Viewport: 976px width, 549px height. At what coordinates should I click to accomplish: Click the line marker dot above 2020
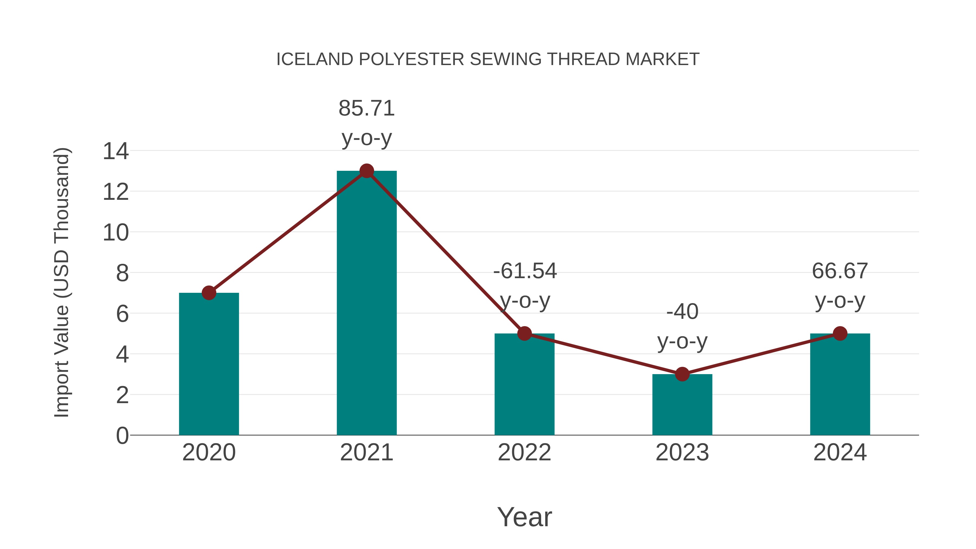209,293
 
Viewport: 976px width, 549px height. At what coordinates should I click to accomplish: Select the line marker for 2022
524,333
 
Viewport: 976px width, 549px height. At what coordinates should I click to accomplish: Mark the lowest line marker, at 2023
682,374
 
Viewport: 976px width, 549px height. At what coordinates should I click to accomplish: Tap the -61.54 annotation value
525,271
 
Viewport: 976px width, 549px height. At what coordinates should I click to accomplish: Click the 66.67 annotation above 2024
840,271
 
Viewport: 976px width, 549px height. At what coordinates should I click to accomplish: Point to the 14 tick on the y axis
115,151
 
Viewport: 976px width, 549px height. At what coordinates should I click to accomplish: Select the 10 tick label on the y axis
115,233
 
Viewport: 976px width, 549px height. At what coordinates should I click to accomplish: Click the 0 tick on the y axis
122,435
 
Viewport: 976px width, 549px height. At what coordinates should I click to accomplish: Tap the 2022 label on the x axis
524,452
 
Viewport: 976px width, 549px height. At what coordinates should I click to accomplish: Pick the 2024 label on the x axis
840,452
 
